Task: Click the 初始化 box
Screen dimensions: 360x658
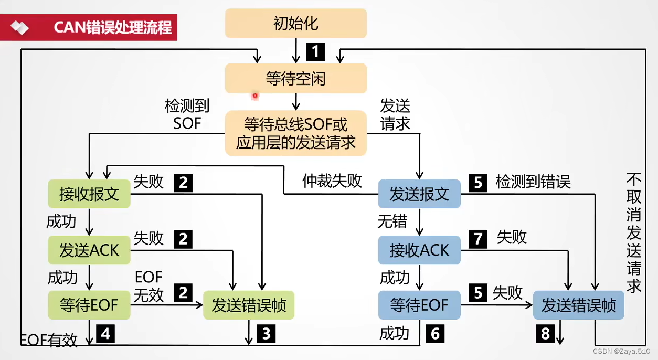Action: pos(295,24)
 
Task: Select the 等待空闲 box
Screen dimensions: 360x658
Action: pos(295,79)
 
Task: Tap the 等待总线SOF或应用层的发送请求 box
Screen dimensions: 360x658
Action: pos(295,133)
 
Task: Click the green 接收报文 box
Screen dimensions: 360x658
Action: pos(89,194)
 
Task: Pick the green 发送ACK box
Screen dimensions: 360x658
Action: pos(89,250)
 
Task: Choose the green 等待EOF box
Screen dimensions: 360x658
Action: pos(89,305)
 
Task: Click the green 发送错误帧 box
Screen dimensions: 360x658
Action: pos(249,305)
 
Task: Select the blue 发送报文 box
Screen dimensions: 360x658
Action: pos(419,194)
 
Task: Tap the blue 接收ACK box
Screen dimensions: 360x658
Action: pos(419,250)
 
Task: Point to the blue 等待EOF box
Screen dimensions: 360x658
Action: pos(419,305)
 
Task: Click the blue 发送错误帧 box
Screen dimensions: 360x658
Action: pos(578,305)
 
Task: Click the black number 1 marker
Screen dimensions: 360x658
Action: pos(315,51)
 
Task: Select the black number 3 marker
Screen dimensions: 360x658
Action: pos(266,334)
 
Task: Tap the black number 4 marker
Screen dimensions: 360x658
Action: pos(105,334)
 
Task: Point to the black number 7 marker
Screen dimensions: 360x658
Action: pos(477,238)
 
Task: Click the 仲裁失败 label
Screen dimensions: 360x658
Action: pos(332,181)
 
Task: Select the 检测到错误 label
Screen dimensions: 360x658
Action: pos(533,182)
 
